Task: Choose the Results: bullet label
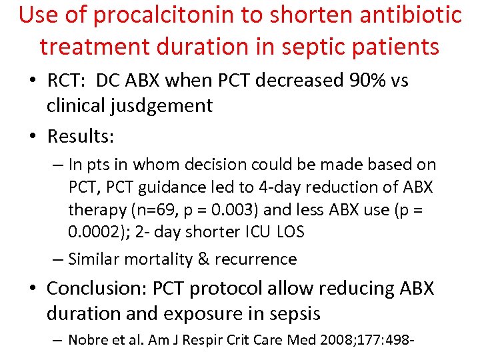pyautogui.click(x=81, y=137)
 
